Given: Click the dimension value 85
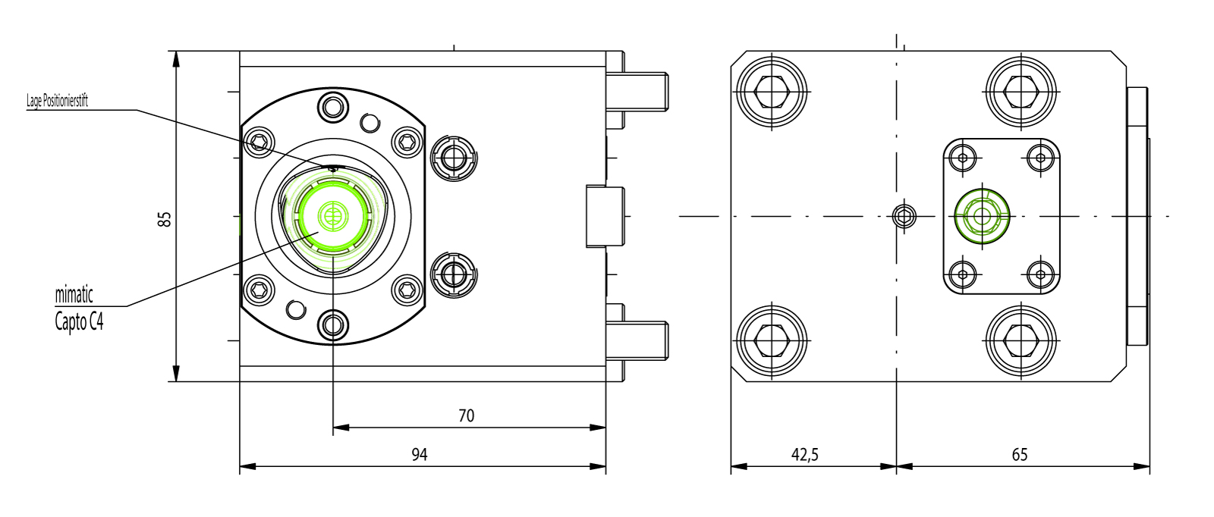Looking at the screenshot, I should pyautogui.click(x=165, y=219).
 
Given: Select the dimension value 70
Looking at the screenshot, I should pyautogui.click(x=466, y=415).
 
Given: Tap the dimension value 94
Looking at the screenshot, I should pyautogui.click(x=420, y=454).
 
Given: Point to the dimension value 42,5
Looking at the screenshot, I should pyautogui.click(x=804, y=454).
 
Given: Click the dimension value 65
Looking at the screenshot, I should pyautogui.click(x=1019, y=454).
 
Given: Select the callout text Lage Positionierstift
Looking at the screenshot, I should pyautogui.click(x=58, y=101).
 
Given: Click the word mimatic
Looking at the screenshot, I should pyautogui.click(x=74, y=294).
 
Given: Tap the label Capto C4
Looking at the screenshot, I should pyautogui.click(x=79, y=321).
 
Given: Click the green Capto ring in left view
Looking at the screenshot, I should pyautogui.click(x=332, y=215).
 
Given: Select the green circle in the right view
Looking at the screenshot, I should pyautogui.click(x=983, y=216).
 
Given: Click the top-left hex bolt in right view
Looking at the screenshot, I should pyautogui.click(x=772, y=92).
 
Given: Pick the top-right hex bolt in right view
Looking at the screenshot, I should pyautogui.click(x=1021, y=92).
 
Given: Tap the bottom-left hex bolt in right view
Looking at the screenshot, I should pyautogui.click(x=772, y=340).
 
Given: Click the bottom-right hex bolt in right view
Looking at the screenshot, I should pyautogui.click(x=1021, y=340).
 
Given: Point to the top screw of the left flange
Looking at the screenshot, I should pyautogui.click(x=332, y=107).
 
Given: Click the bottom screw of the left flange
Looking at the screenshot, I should pyautogui.click(x=332, y=326).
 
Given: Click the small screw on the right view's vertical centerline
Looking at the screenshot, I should pyautogui.click(x=903, y=216).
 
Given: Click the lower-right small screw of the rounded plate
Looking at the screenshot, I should pyautogui.click(x=1040, y=274).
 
